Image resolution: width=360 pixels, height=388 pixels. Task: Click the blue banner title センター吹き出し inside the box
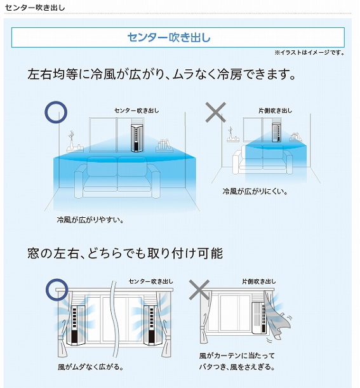169,37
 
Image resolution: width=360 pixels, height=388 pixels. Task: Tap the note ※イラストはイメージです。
309,53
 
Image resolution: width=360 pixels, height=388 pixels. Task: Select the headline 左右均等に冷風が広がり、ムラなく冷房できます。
161,74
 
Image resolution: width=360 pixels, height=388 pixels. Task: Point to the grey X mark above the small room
216,112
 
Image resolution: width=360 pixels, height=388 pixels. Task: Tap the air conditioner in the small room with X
277,132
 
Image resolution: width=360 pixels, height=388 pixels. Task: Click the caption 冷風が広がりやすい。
90,220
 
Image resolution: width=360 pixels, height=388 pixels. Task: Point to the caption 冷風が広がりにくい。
255,191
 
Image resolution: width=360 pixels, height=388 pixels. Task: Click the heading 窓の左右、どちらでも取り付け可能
125,253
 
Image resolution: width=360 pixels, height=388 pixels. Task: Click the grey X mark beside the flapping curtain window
199,290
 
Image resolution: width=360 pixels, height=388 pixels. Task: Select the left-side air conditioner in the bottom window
77,325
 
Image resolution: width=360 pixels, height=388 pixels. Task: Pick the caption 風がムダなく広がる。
91,366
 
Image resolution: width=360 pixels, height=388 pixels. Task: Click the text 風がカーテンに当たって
237,356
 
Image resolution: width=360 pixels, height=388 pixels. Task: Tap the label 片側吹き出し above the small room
275,110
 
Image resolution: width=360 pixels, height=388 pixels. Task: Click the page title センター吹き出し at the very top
35,8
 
